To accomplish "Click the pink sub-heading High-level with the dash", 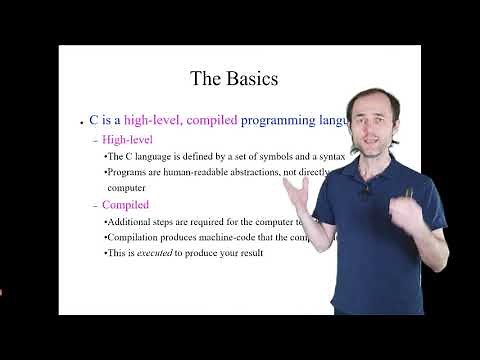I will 125,139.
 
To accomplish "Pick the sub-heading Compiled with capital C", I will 125,205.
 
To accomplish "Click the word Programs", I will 128,172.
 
